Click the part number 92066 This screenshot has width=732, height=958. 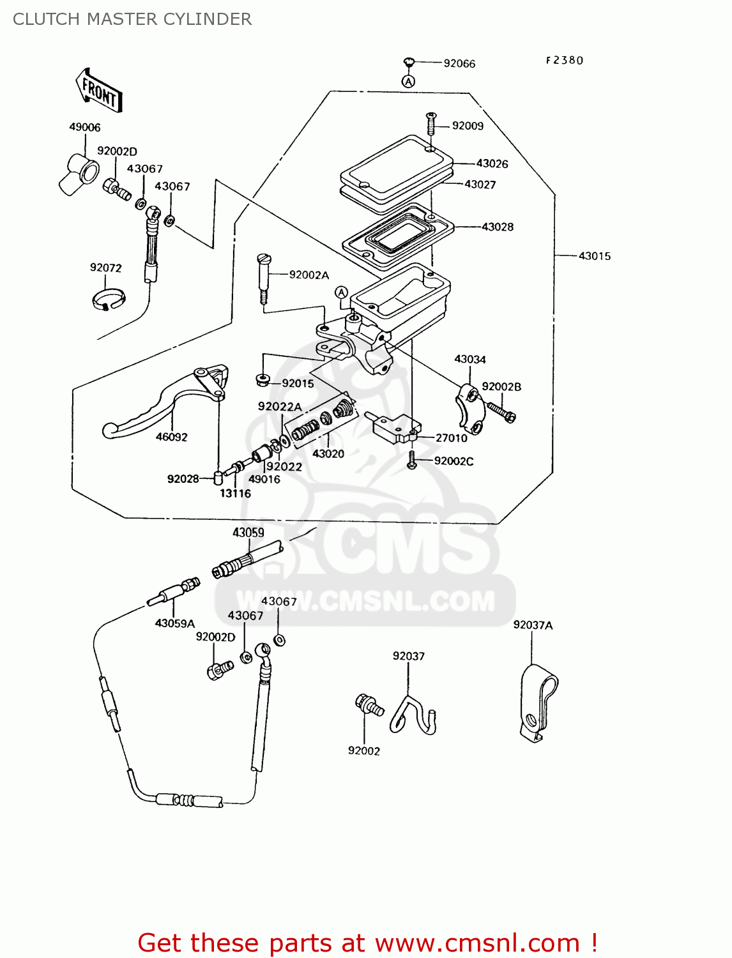459,63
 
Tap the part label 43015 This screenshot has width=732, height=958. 594,256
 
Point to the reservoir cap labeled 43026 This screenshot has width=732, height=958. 396,164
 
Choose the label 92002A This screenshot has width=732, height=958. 309,275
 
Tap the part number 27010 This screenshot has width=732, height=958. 451,438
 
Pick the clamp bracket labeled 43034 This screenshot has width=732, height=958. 470,406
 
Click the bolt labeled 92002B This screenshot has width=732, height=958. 501,411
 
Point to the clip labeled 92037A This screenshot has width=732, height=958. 537,703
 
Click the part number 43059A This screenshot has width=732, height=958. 175,623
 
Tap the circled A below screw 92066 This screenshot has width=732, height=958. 409,81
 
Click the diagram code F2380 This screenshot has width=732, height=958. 564,61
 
